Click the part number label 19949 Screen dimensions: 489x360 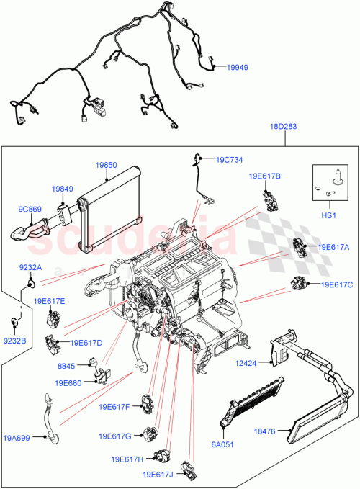pos(239,67)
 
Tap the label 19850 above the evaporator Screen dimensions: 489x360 pos(107,164)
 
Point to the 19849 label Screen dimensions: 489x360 pos(61,189)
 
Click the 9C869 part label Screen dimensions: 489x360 pos(29,210)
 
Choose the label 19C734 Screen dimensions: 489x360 pos(230,160)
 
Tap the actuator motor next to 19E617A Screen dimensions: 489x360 pos(299,247)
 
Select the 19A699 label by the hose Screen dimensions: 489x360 pos(17,436)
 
